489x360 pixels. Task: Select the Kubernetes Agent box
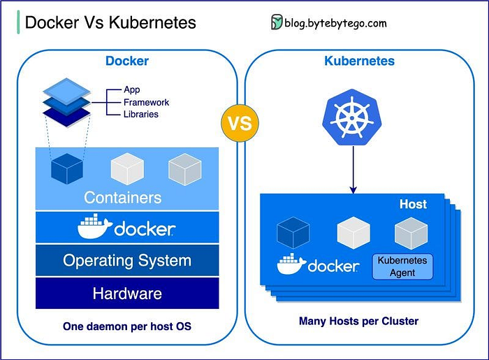[x=402, y=266]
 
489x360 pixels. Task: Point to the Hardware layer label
[x=127, y=294]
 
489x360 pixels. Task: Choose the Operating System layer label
[x=127, y=261]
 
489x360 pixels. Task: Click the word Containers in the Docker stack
[x=123, y=197]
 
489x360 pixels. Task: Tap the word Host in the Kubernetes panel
[x=413, y=205]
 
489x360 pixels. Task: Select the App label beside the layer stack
[x=132, y=89]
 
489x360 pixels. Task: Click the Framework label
[x=146, y=102]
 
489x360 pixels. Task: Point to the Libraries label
[x=140, y=114]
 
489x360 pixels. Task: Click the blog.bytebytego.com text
[x=335, y=23]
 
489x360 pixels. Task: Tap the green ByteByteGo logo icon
[x=277, y=22]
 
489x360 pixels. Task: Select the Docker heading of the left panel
[x=127, y=61]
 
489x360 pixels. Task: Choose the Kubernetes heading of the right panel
[x=359, y=61]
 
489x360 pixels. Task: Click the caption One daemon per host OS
[x=126, y=326]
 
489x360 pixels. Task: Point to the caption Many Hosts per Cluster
[x=358, y=322]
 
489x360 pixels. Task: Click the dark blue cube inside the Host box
[x=293, y=233]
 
